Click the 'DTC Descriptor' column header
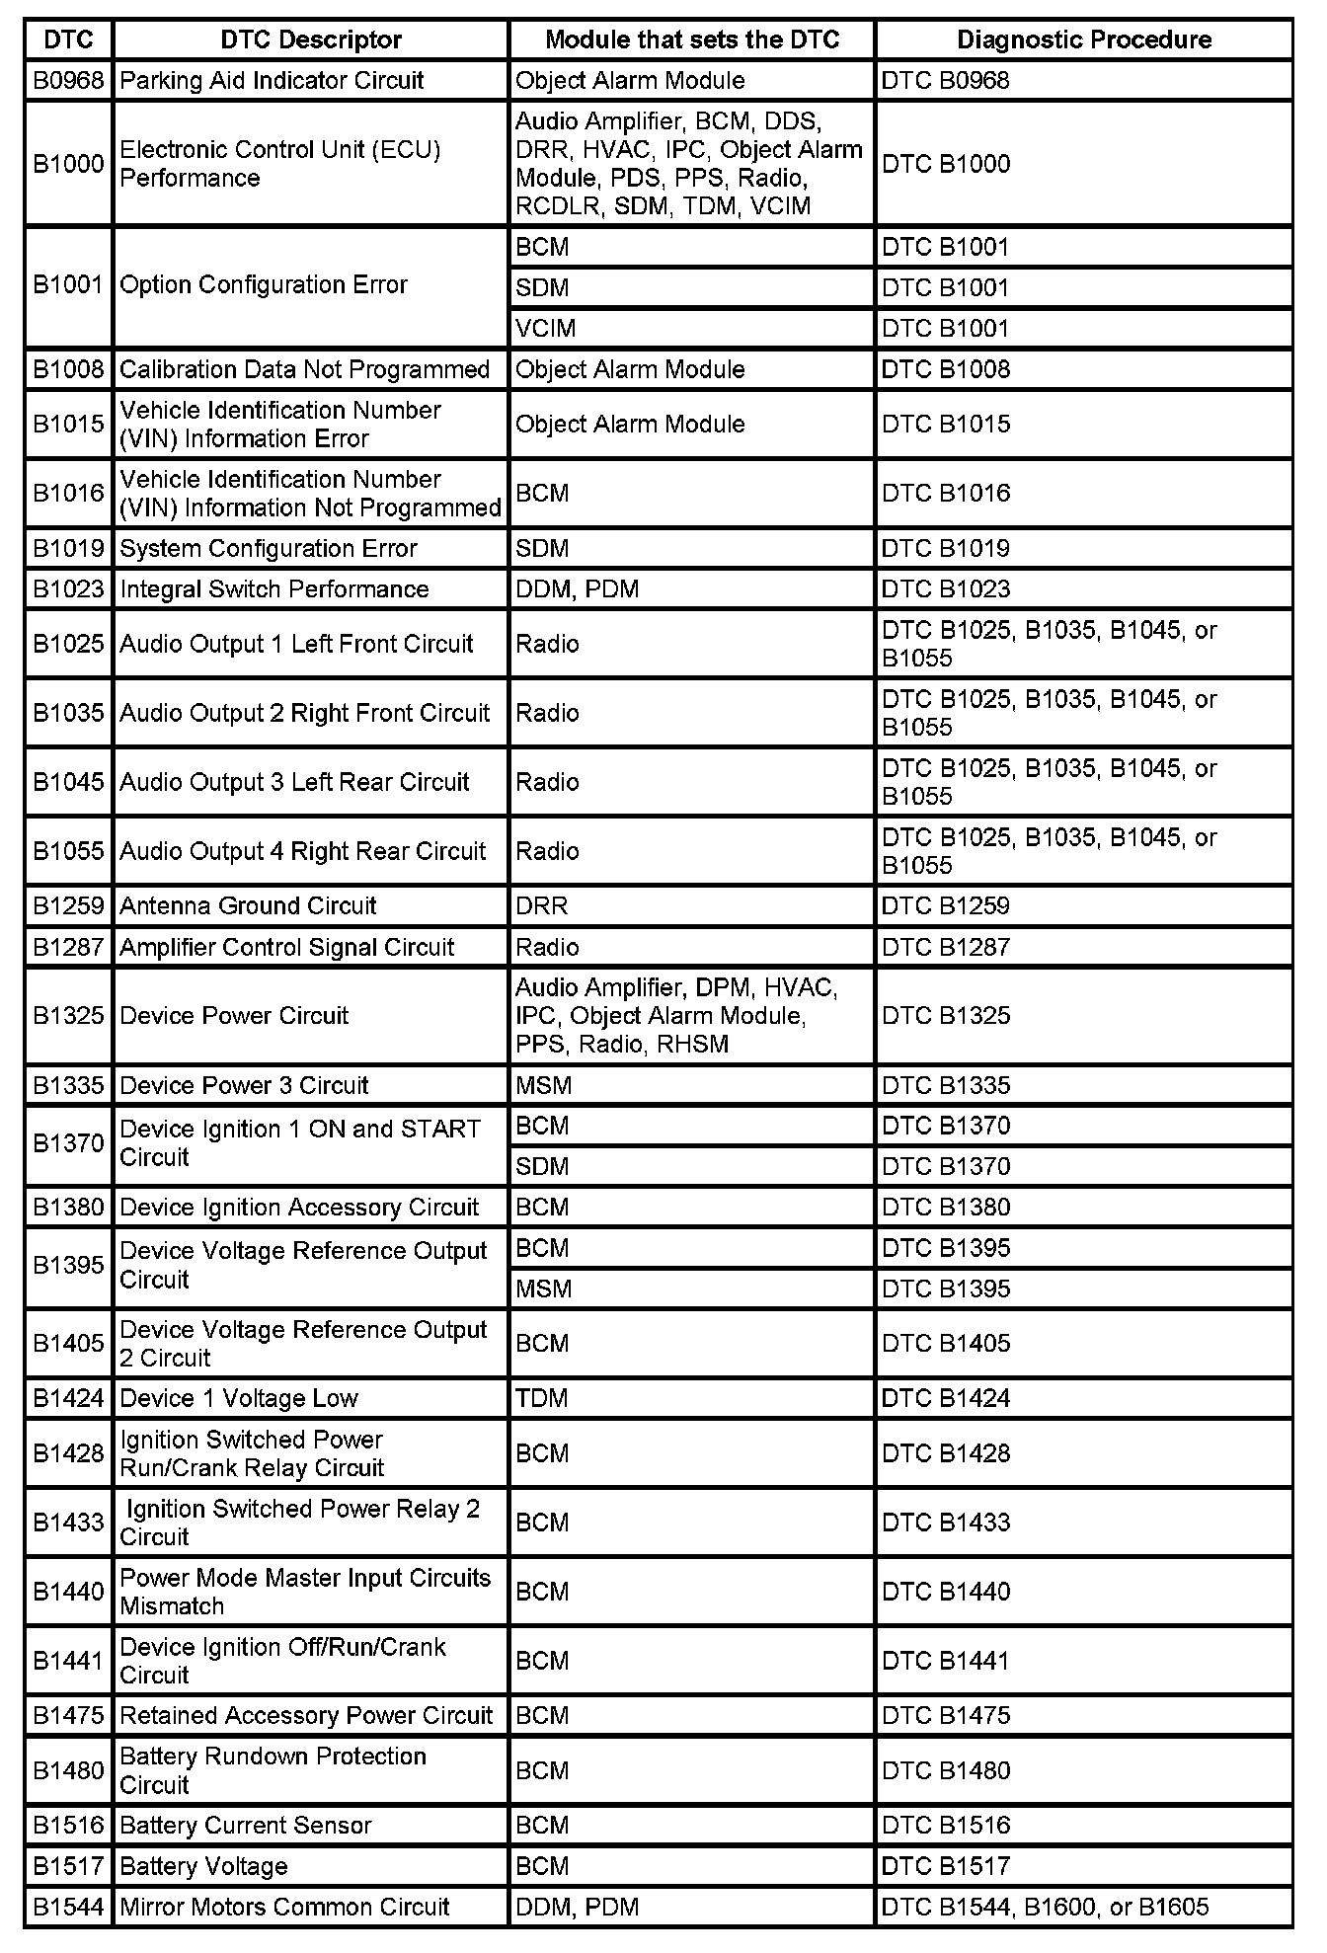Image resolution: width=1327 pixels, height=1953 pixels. (310, 39)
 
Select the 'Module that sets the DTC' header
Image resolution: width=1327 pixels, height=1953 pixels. (691, 39)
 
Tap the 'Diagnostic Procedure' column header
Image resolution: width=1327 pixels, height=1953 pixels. (1083, 39)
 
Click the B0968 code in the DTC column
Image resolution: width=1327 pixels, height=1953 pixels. (68, 80)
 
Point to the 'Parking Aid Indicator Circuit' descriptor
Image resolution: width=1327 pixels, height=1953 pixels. (272, 80)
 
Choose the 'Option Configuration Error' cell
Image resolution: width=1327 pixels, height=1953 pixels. (264, 285)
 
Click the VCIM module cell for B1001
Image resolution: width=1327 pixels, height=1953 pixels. (546, 328)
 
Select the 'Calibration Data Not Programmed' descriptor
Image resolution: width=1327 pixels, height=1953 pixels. (304, 369)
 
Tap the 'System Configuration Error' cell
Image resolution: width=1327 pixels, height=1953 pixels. (269, 548)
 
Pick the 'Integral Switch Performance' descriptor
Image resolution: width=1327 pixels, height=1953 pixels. (274, 589)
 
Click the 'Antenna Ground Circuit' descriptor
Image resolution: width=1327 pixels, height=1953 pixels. (248, 905)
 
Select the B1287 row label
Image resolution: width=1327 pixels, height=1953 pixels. (68, 947)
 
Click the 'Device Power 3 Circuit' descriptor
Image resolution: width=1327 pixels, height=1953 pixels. (244, 1085)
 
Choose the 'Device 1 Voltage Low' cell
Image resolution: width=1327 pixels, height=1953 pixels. (239, 1398)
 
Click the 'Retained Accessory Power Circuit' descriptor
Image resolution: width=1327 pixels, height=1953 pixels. (306, 1715)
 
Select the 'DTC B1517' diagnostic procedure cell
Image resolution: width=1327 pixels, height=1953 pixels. (946, 1866)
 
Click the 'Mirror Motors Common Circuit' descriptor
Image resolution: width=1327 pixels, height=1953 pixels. (284, 1907)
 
